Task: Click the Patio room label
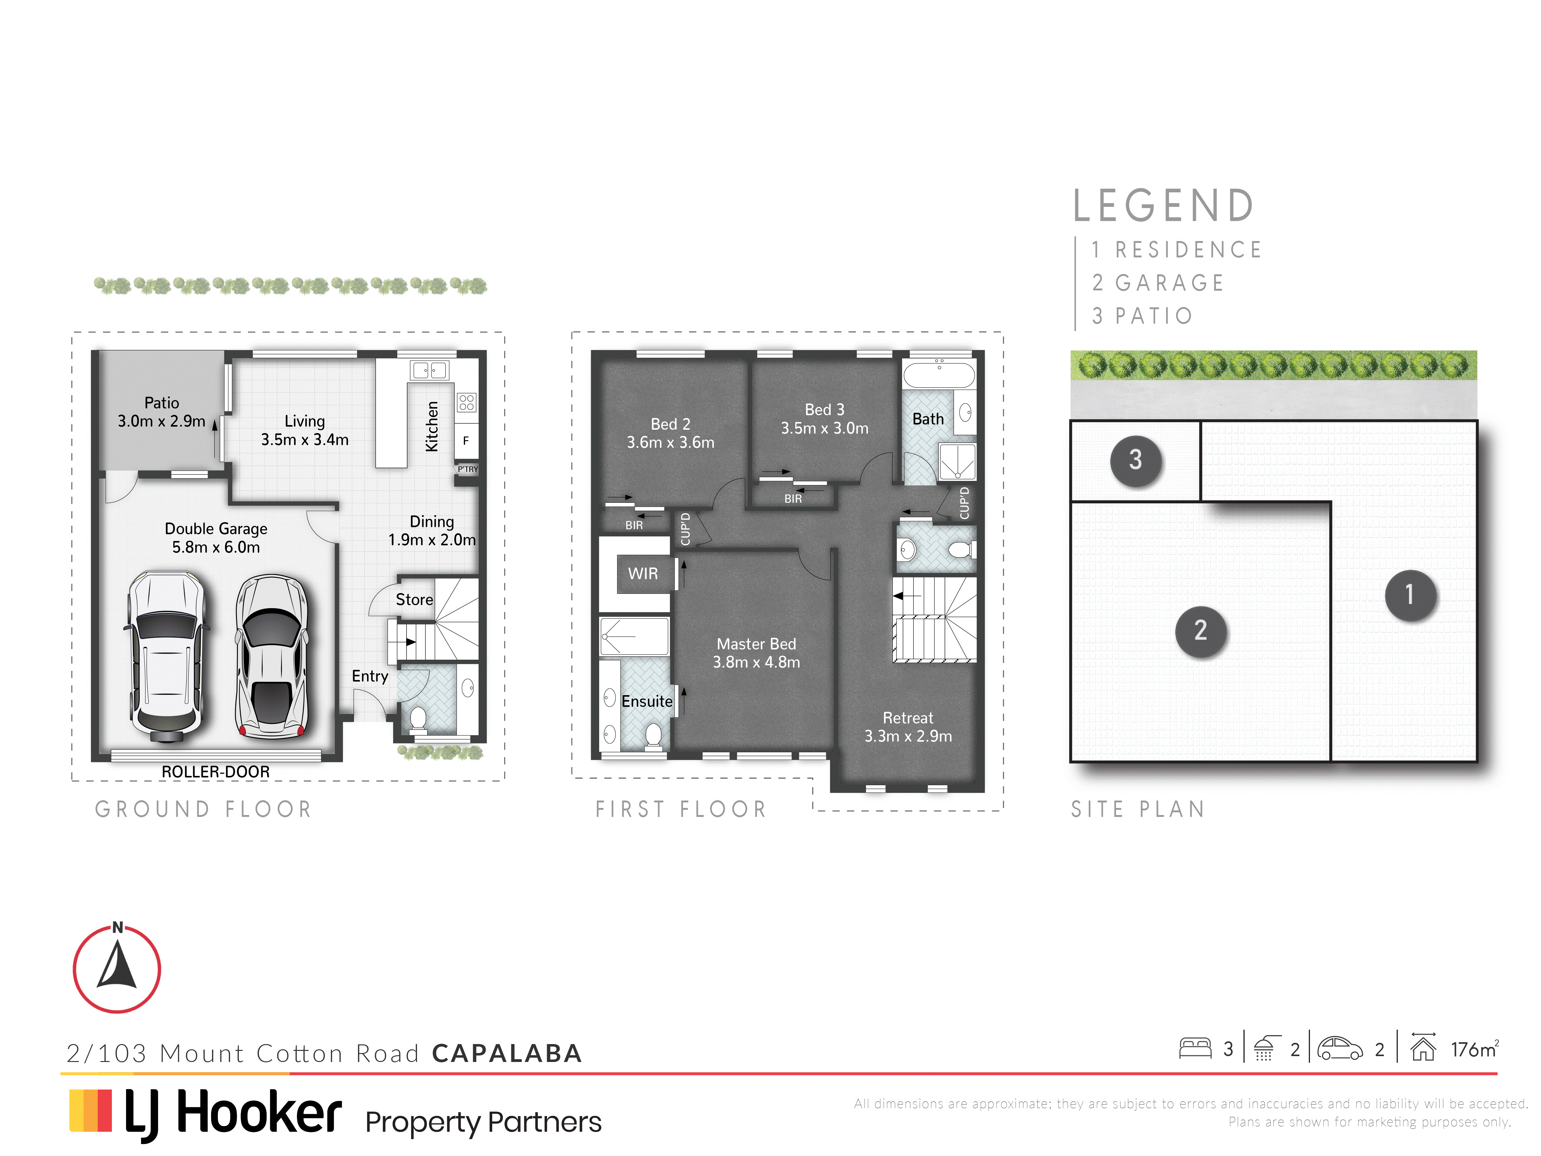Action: point(161,412)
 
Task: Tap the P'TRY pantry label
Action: point(468,469)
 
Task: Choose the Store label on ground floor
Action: point(415,599)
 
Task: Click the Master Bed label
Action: point(757,653)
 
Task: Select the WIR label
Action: point(642,573)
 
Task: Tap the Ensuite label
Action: point(647,701)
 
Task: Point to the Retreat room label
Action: point(908,727)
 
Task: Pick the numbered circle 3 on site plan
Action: point(1135,460)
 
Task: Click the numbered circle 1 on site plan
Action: point(1410,594)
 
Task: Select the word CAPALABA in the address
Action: point(506,1053)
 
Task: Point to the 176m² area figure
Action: point(1474,1049)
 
